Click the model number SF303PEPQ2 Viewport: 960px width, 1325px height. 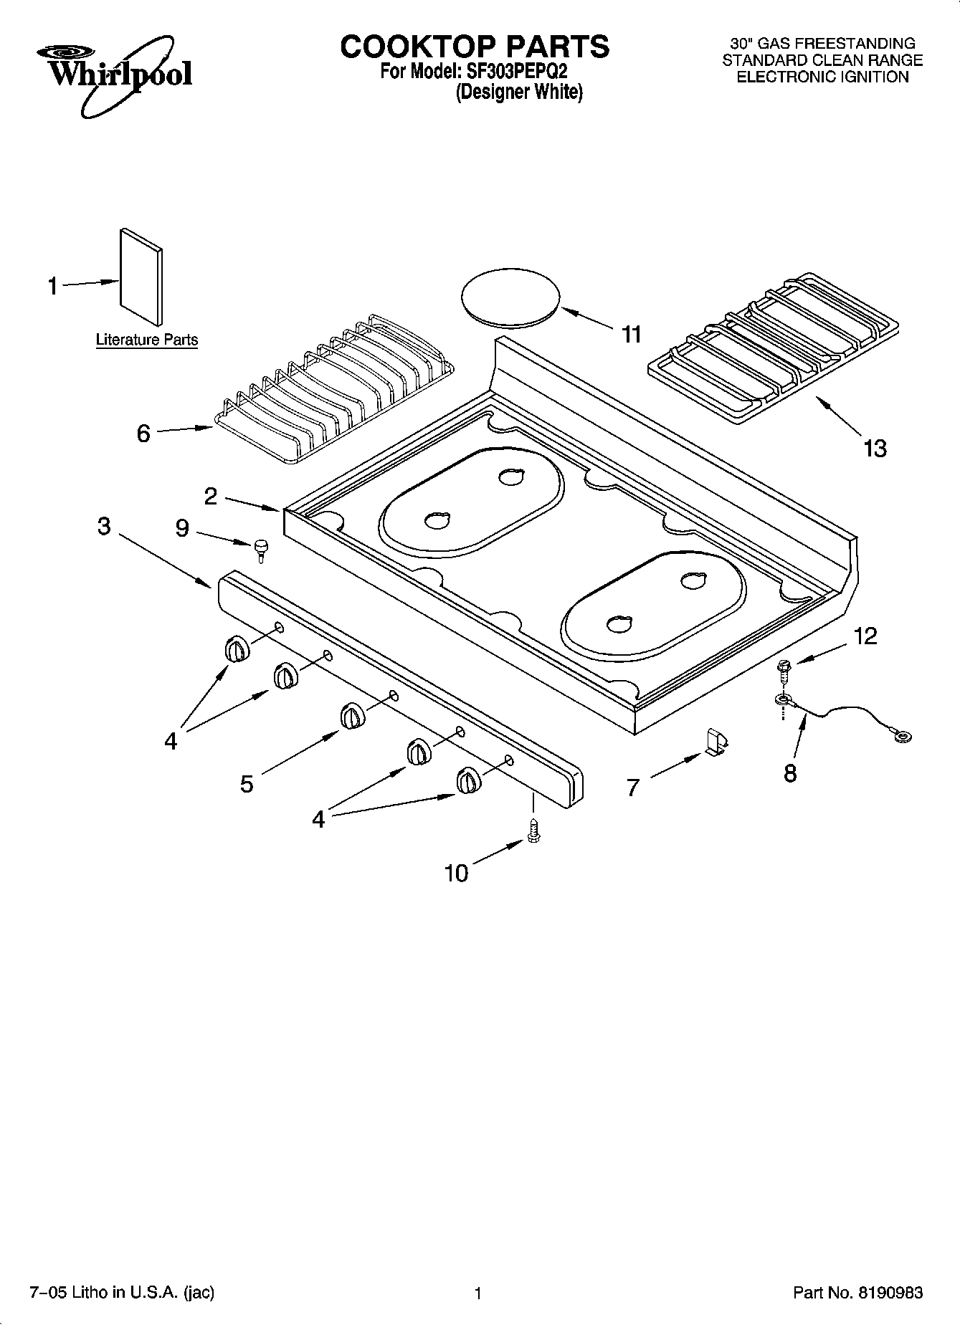513,72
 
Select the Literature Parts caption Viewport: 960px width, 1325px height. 147,340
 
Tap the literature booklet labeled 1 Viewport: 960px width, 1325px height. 141,277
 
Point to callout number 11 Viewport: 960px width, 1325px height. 631,334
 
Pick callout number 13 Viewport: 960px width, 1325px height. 875,449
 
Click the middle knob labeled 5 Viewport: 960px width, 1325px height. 352,716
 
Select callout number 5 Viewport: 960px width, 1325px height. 247,784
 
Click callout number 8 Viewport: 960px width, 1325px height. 790,773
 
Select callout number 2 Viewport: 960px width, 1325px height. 210,496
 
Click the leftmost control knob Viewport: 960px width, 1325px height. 236,649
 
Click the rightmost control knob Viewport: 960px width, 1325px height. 467,780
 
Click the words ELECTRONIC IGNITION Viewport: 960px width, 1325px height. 822,77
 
